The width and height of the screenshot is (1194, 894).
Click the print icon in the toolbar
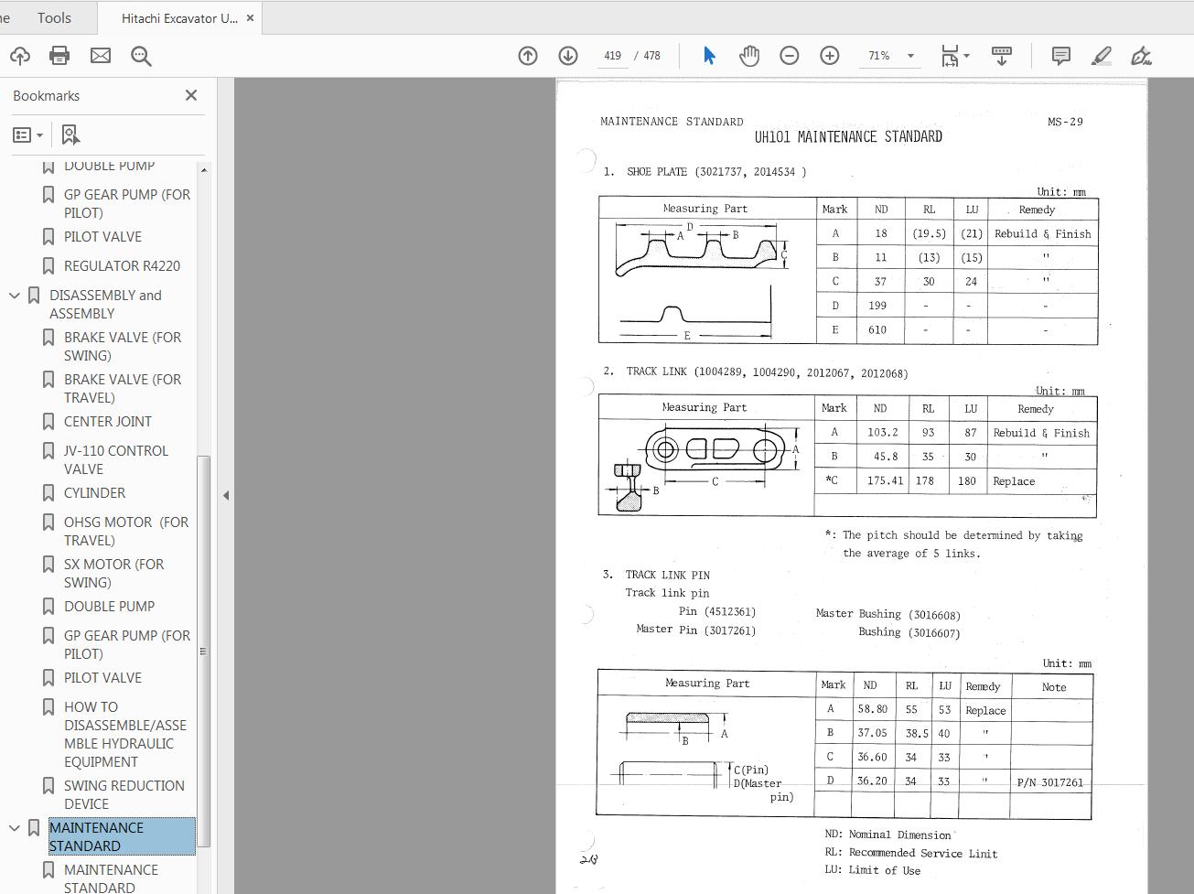pyautogui.click(x=59, y=56)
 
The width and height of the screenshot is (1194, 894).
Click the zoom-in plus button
pyautogui.click(x=829, y=56)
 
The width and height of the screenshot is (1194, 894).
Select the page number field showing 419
pyautogui.click(x=612, y=56)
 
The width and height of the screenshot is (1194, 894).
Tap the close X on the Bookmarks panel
pyautogui.click(x=191, y=95)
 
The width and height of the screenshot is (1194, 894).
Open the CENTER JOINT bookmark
pyautogui.click(x=108, y=422)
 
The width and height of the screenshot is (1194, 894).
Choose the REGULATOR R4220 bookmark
pyautogui.click(x=122, y=266)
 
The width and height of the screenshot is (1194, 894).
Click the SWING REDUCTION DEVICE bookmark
pyautogui.click(x=124, y=794)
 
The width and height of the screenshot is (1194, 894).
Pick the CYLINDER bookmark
pyautogui.click(x=95, y=493)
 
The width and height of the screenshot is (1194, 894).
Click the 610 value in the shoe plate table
pyautogui.click(x=877, y=330)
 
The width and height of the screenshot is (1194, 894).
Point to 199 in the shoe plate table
pyautogui.click(x=877, y=306)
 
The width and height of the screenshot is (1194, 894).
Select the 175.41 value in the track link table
pyautogui.click(x=885, y=480)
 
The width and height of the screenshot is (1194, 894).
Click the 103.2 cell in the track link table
pyautogui.click(x=883, y=433)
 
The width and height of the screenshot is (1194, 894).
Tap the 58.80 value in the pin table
pyautogui.click(x=872, y=709)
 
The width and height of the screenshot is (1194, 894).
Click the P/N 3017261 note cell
pyautogui.click(x=1049, y=782)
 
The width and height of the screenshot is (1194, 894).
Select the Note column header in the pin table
pyautogui.click(x=1053, y=687)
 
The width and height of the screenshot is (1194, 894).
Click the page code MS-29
pyautogui.click(x=1065, y=122)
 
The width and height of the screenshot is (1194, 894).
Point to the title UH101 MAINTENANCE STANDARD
pyautogui.click(x=848, y=137)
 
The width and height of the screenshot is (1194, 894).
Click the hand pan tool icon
pyautogui.click(x=749, y=56)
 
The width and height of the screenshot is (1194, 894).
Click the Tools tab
pyautogui.click(x=54, y=17)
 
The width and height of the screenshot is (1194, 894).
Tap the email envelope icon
pyautogui.click(x=101, y=56)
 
